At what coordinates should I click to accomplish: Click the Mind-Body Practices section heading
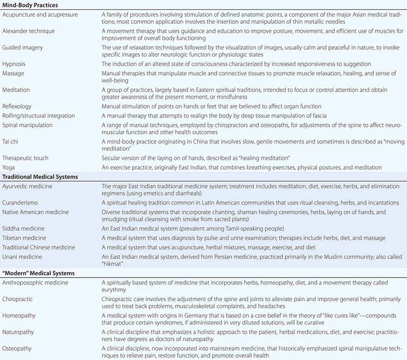30,5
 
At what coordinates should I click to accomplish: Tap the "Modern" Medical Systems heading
38,273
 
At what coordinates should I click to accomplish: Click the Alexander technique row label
28,31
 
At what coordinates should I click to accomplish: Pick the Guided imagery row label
23,47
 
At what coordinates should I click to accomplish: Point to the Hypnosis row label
14,64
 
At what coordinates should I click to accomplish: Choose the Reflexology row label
17,106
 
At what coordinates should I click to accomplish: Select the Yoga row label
9,167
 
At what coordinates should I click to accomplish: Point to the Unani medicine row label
23,257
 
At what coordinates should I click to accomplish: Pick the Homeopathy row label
19,314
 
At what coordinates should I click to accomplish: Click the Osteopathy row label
18,349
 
